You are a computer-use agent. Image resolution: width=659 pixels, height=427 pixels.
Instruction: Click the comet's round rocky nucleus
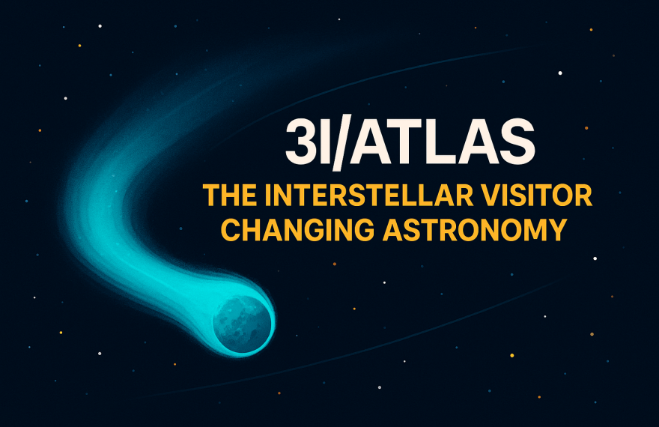point(242,323)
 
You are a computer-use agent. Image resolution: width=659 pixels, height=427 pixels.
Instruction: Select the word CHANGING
point(297,229)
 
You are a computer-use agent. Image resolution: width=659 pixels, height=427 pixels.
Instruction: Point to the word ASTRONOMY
point(475,229)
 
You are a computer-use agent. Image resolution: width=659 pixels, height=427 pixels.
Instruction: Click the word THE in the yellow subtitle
point(229,196)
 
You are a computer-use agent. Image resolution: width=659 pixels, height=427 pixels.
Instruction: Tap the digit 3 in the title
point(300,142)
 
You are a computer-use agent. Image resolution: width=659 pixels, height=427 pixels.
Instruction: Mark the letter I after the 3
point(322,142)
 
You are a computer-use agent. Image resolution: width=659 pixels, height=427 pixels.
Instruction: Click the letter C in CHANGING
point(231,229)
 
